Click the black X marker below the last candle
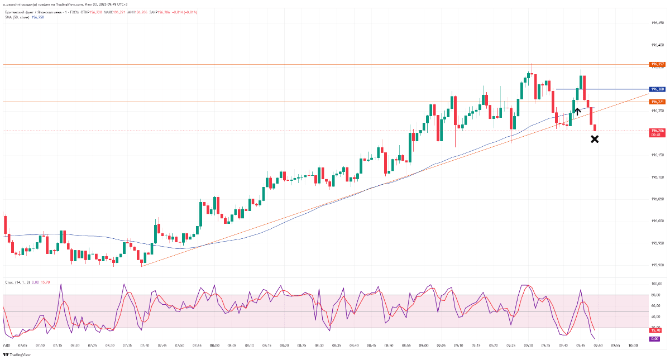click(x=595, y=139)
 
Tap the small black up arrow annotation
click(x=578, y=112)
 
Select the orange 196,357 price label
click(x=657, y=64)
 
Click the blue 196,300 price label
click(x=657, y=89)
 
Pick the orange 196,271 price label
click(x=657, y=102)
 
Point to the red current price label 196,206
click(x=657, y=131)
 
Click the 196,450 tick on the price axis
click(x=657, y=23)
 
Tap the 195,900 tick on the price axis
click(x=657, y=265)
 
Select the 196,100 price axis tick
click(x=657, y=177)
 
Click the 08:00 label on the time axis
click(x=214, y=345)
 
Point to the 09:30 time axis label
click(x=528, y=345)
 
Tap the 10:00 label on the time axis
click(x=633, y=345)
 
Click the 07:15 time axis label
click(x=58, y=345)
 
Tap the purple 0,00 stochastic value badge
click(x=655, y=339)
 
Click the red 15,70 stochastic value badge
click(x=655, y=329)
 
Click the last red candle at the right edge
click(x=595, y=128)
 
